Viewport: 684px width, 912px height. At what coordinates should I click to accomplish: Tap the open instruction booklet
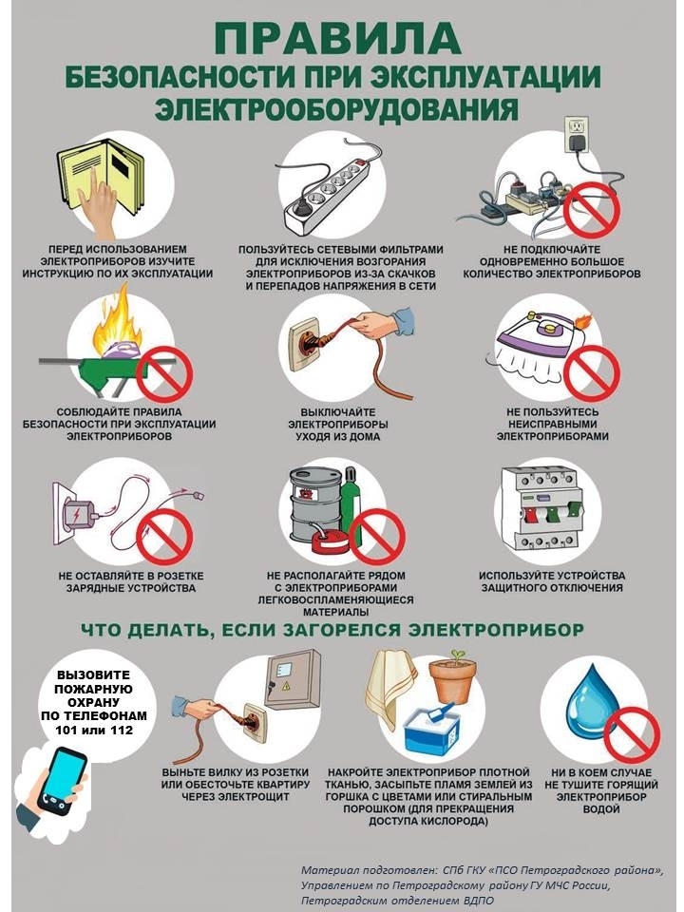point(102,175)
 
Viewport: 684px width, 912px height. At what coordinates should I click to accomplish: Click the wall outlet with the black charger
point(577,135)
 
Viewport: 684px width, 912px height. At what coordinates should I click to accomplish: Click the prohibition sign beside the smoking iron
point(592,373)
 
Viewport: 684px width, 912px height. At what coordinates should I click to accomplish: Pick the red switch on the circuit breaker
point(530,517)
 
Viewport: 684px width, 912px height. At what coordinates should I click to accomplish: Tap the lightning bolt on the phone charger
point(77,515)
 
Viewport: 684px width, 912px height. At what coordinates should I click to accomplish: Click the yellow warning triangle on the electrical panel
point(286,686)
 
